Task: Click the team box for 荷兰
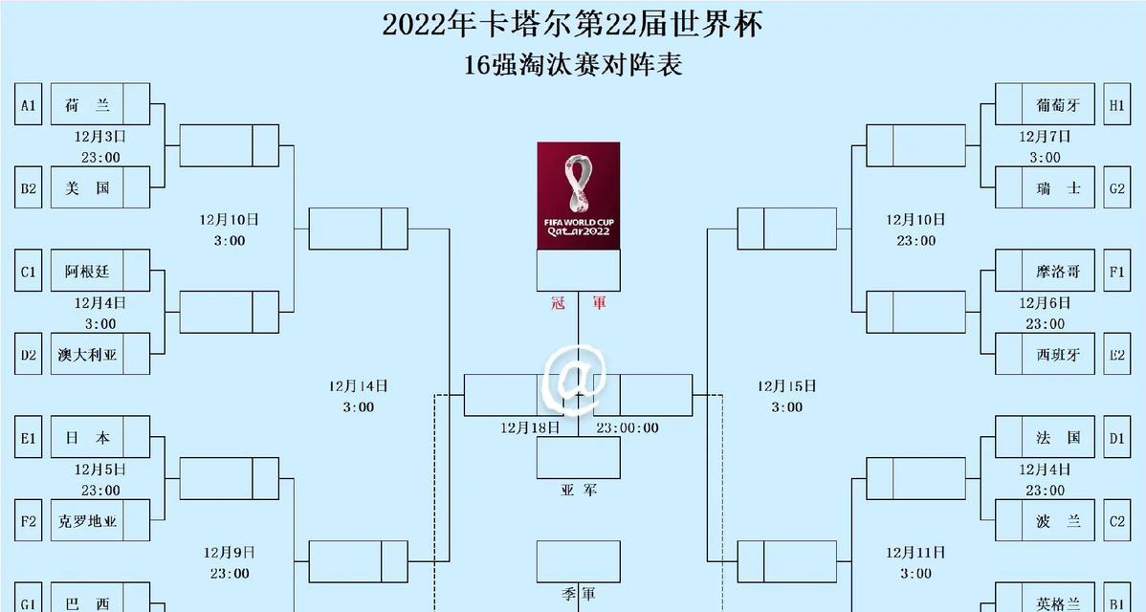100,104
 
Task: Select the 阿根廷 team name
87,272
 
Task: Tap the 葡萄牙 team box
1046,104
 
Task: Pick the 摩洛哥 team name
1058,272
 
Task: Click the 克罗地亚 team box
100,521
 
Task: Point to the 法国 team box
1046,437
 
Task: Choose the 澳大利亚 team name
87,355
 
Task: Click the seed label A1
29,104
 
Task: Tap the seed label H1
1116,104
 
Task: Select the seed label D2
29,355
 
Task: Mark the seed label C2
1116,521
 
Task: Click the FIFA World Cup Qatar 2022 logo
579,196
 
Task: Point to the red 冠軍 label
579,302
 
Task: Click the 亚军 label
579,490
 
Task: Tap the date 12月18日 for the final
530,428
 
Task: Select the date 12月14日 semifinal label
358,386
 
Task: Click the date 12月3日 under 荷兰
100,137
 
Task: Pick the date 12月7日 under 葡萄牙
1046,137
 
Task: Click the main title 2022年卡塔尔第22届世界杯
573,25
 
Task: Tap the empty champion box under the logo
579,271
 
